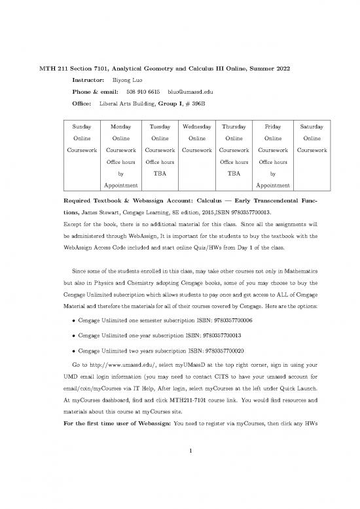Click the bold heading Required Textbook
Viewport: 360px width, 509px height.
pyautogui.click(x=99, y=200)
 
